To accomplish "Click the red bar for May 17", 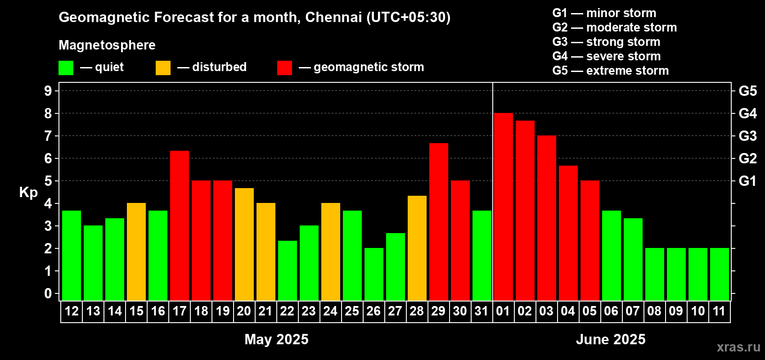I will (180, 225).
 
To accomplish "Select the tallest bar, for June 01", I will (503, 207).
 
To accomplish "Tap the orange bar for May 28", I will (417, 247).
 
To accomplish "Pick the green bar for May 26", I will (374, 274).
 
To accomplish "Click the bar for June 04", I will (568, 233).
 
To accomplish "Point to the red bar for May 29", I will (439, 221).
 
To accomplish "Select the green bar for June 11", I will (719, 274).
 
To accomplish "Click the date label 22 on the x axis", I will (287, 311).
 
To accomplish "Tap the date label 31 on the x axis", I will (481, 311).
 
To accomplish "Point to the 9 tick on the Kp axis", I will (48, 91).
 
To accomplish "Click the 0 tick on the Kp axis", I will (48, 294).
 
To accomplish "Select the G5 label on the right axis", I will (747, 91).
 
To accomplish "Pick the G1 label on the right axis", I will (747, 181).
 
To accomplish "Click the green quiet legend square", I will (66, 68).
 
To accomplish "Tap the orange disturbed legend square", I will (163, 68).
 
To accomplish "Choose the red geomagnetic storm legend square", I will (284, 68).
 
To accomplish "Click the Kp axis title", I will (28, 193).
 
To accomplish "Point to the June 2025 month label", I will (611, 339).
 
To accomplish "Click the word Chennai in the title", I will (333, 17).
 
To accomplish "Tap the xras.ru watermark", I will (738, 347).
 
